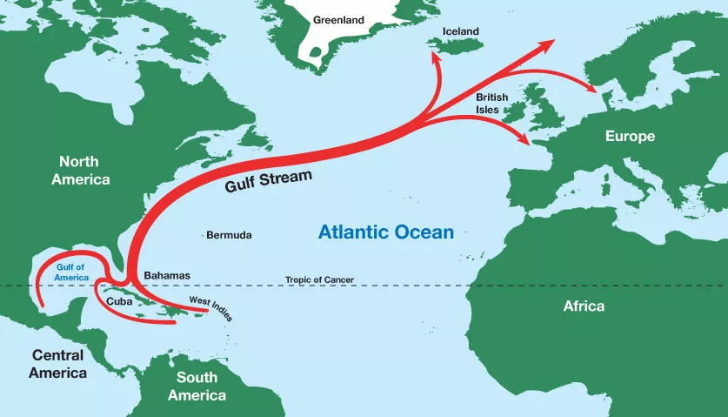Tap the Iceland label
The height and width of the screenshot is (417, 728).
[x=461, y=31]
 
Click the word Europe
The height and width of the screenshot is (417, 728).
[x=631, y=137]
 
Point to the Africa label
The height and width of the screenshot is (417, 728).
[x=584, y=306]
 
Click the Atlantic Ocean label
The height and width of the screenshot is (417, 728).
[x=385, y=232]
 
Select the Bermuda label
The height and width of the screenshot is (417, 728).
[x=229, y=235]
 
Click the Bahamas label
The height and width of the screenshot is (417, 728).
[x=166, y=275]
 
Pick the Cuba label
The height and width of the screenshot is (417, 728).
[x=118, y=301]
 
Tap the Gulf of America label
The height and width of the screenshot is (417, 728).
[x=72, y=272]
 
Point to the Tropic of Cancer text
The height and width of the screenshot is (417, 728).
[x=319, y=279]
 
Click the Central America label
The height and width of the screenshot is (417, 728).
[x=57, y=364]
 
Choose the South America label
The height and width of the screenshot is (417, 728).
[x=197, y=386]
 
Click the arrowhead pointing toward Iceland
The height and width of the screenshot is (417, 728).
[x=431, y=56]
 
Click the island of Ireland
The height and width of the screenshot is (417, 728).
[x=520, y=111]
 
